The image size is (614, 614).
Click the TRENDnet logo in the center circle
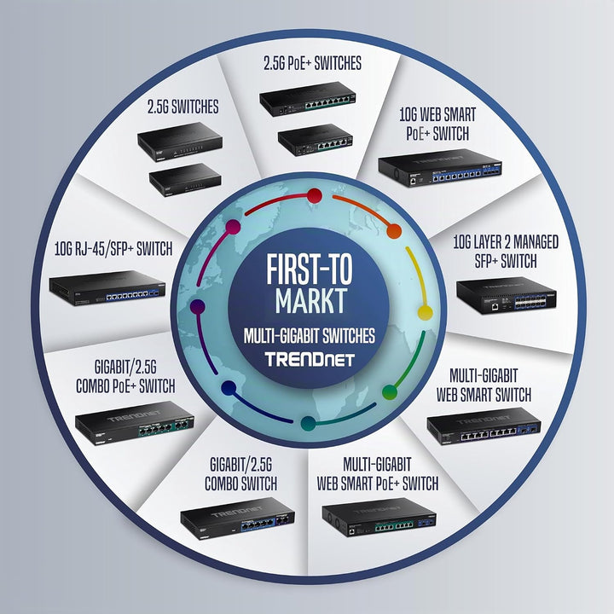pos(310,359)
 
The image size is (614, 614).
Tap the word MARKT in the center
pos(311,301)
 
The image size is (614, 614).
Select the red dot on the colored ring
pos(314,196)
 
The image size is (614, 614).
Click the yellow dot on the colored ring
pos(425,312)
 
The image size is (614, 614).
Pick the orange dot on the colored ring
pos(394,231)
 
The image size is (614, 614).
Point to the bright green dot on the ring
pos(390,392)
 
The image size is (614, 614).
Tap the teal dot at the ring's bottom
pos(308,423)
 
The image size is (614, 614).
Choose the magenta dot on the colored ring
pos(233,227)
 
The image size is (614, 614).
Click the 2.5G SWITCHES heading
pos(182,107)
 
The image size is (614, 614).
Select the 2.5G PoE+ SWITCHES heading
pos(312,63)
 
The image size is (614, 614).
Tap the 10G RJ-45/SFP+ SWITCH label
pos(113,249)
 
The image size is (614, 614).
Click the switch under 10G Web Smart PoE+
pos(440,168)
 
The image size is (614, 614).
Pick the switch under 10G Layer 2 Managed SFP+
pos(507,296)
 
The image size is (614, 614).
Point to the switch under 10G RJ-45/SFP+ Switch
pos(107,288)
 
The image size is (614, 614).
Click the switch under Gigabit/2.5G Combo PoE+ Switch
pos(135,423)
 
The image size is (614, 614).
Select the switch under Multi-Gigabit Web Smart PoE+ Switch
pos(379,517)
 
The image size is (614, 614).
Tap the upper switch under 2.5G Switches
pos(180,142)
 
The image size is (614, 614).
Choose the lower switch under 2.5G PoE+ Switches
pos(316,140)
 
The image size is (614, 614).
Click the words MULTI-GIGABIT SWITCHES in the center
pos(310,336)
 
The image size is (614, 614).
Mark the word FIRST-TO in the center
pos(310,269)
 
